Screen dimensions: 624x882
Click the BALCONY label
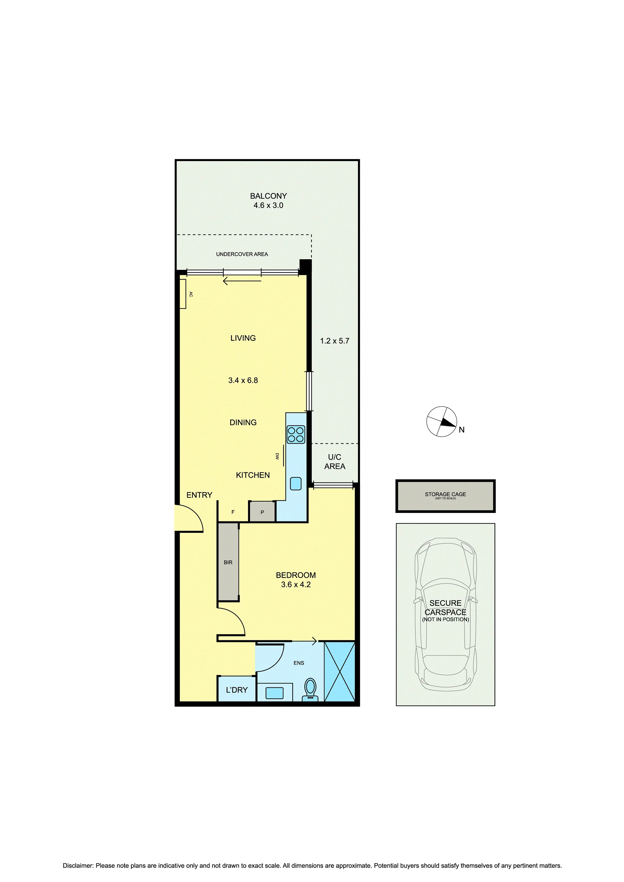(x=268, y=196)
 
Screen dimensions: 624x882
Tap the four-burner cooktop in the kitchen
(x=296, y=434)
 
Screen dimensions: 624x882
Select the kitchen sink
(x=296, y=483)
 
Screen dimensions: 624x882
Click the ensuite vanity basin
(x=274, y=693)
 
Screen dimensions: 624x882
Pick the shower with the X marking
(x=339, y=671)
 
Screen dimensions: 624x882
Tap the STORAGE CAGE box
(x=445, y=496)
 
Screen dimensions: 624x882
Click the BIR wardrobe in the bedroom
(x=228, y=562)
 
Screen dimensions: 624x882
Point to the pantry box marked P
(x=262, y=512)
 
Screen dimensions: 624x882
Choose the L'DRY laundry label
(x=237, y=690)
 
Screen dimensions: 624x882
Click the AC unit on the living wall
(x=183, y=294)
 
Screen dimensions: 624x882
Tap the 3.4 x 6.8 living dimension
(x=243, y=380)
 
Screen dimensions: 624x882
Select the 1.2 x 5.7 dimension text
(x=335, y=341)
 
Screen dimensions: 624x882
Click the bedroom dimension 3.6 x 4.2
(x=296, y=584)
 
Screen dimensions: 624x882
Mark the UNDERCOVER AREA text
(x=242, y=254)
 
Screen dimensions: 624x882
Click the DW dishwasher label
(x=277, y=456)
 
